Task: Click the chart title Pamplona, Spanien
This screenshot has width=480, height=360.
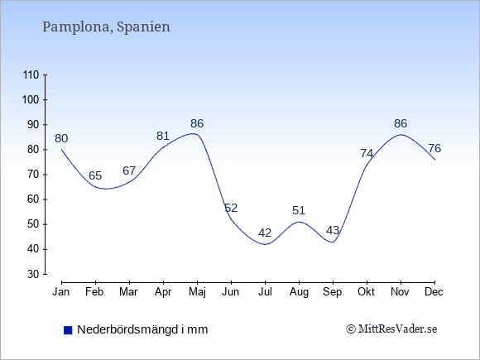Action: (x=106, y=27)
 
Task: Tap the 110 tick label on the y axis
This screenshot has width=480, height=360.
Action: (x=31, y=75)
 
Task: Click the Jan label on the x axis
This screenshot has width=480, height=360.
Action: (x=61, y=292)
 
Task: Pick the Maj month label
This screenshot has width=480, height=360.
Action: (x=197, y=292)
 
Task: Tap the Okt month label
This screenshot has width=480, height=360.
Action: (x=366, y=292)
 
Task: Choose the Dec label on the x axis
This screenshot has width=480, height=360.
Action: (x=434, y=292)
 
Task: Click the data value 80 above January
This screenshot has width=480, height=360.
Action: (x=61, y=139)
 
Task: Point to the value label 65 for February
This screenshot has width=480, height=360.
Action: (x=95, y=175)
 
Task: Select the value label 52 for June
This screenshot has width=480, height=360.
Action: (x=231, y=209)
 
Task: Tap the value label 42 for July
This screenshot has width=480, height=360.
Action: (x=265, y=233)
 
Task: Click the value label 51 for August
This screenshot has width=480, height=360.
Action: (x=299, y=210)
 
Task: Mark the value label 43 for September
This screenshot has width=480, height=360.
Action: (x=333, y=230)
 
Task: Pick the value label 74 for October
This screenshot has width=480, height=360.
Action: (x=367, y=153)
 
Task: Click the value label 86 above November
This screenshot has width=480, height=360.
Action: (x=401, y=123)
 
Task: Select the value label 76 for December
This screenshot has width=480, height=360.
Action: (x=434, y=148)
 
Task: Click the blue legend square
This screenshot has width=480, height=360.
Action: (x=68, y=330)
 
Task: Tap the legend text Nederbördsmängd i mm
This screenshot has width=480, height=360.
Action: (x=142, y=329)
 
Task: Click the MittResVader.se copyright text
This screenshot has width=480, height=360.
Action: (x=391, y=329)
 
